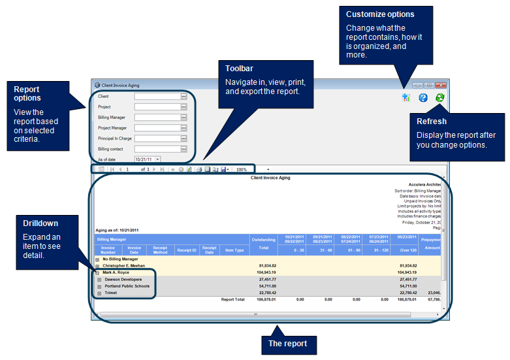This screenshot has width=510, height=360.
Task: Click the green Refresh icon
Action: tap(440, 98)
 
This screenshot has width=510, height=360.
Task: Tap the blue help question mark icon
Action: tap(423, 98)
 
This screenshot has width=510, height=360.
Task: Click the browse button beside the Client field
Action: tap(184, 96)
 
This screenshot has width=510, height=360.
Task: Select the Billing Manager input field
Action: tap(157, 117)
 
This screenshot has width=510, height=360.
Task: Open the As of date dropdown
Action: tap(157, 159)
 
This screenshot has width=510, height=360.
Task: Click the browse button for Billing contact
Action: tap(184, 149)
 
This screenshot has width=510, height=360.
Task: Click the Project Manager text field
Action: tap(157, 127)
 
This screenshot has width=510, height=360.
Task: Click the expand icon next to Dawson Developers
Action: tap(99, 279)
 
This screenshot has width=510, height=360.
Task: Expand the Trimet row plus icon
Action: tap(99, 293)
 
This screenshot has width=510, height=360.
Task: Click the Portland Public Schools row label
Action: tap(127, 286)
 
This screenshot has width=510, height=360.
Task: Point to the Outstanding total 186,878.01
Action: tap(264, 299)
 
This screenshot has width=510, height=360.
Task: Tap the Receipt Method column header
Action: tap(160, 250)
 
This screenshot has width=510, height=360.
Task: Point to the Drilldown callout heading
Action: tap(40, 223)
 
